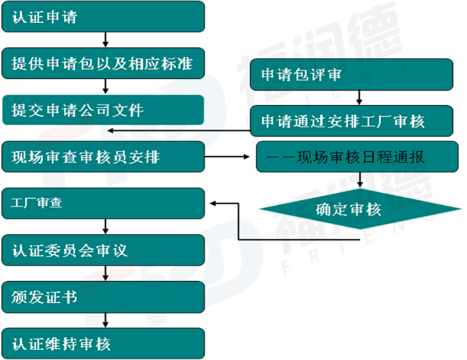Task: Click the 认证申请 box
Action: coord(103,17)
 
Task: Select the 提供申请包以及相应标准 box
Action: coord(103,64)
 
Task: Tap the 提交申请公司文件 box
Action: coord(103,110)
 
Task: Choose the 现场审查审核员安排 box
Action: coord(103,157)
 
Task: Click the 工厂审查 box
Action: coord(103,204)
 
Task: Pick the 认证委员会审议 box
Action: coord(103,250)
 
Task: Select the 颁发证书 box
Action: coord(103,297)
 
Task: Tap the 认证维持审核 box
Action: coord(103,343)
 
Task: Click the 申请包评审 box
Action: coord(351,75)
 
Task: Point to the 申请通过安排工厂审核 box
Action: coord(351,122)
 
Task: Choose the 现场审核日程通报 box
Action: coord(357,157)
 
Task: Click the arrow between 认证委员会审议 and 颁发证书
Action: coord(105,276)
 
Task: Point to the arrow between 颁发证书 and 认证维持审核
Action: coord(105,321)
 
